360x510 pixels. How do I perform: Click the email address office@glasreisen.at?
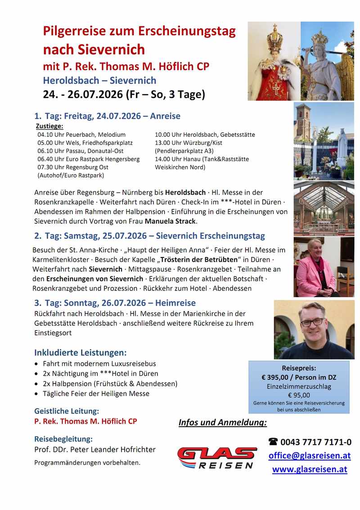[309, 456]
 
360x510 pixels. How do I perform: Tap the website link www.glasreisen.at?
[309, 469]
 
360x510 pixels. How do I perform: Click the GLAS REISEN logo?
[217, 458]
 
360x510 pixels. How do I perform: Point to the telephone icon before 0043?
[273, 442]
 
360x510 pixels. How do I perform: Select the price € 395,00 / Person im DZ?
[299, 377]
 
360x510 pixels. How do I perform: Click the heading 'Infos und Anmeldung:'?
[223, 422]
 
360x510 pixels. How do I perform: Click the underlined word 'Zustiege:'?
[49, 126]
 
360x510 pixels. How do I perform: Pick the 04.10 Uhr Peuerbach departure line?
[81, 135]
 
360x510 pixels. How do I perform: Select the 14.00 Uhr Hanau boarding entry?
[202, 159]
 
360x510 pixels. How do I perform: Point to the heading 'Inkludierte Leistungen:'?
[81, 352]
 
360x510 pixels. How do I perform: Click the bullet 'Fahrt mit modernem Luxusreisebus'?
[99, 363]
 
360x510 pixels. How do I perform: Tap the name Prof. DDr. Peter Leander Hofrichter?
[95, 449]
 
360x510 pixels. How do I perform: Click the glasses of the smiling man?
[312, 322]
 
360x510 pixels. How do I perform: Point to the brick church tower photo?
[304, 122]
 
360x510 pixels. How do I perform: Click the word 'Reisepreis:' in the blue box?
[299, 368]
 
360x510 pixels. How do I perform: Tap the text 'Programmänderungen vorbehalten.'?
[87, 462]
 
